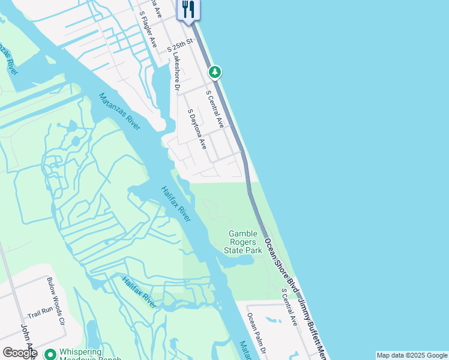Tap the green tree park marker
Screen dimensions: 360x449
click(215, 73)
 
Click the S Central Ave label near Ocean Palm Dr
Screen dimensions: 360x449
click(289, 307)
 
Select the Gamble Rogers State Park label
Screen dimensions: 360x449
click(243, 242)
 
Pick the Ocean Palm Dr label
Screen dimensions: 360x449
click(258, 332)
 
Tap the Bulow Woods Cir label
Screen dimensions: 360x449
click(56, 301)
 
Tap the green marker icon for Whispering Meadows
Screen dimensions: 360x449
click(50, 354)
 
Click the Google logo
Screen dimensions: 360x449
click(19, 353)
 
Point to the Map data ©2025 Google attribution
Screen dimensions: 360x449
click(411, 355)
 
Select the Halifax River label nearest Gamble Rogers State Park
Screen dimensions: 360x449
click(176, 204)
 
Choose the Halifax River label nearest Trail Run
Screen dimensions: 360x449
click(139, 292)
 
